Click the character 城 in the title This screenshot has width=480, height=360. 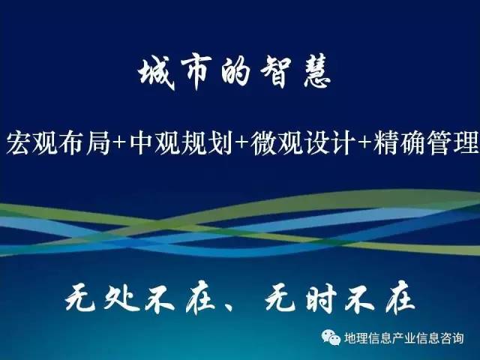pos(157,73)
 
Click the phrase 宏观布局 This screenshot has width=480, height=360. pos(58,142)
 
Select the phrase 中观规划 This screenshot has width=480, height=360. pos(181,142)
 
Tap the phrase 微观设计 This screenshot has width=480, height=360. pos(302,142)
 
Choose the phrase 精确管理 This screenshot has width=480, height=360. pos(426,142)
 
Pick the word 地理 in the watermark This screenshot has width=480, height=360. pos(355,338)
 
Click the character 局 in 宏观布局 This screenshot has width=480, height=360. pos(97,142)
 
